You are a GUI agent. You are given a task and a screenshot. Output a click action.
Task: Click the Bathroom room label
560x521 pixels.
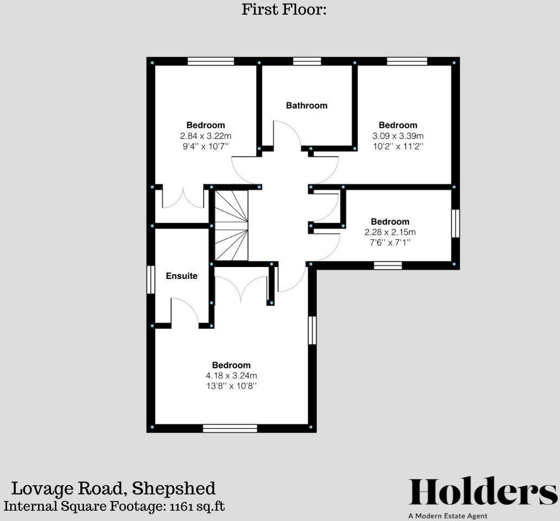[x=307, y=105]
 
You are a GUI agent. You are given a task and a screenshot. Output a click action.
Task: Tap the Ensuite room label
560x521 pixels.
[x=181, y=276]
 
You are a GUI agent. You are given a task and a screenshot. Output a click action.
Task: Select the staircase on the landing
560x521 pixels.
[x=231, y=225]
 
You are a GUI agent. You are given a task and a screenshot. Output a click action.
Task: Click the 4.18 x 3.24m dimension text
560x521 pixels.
[x=231, y=376]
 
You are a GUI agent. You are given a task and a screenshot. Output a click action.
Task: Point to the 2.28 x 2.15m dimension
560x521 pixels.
[x=390, y=232]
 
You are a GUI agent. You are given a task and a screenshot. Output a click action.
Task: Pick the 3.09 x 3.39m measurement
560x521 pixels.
[x=398, y=136]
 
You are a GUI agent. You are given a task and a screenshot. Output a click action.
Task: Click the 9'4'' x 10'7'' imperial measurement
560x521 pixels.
[x=206, y=146]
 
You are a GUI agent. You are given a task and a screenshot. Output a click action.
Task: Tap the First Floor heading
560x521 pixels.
[x=284, y=9]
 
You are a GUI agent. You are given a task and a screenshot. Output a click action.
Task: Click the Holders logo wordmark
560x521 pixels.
[x=482, y=492]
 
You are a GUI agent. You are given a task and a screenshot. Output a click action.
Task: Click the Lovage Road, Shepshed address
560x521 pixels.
[x=113, y=488]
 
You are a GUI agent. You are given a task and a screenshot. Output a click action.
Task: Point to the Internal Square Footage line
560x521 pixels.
[x=114, y=506]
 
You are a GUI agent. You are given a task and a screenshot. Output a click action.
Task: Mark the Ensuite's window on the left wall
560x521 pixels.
[x=151, y=279]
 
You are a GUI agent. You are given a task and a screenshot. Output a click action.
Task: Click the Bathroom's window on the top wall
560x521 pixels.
[x=307, y=61]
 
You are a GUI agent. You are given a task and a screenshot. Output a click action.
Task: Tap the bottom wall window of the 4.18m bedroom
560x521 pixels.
[x=230, y=428]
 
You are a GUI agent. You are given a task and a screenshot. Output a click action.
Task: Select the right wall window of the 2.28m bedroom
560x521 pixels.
[x=455, y=224]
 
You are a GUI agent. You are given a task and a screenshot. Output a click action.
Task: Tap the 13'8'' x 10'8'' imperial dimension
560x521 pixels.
[x=231, y=386]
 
